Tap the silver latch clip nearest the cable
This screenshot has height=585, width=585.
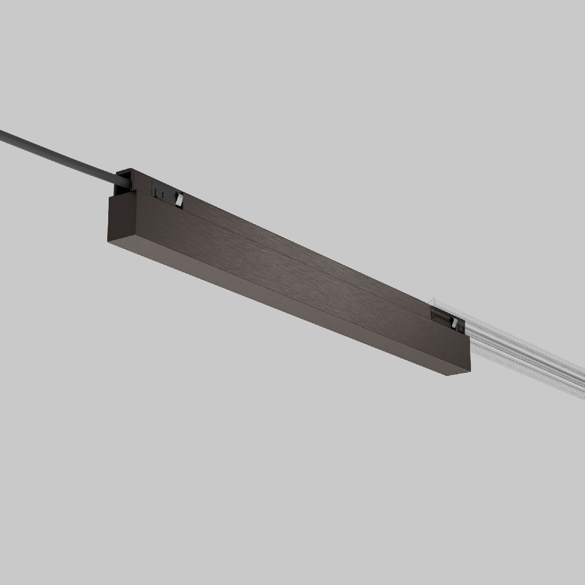click(x=179, y=199)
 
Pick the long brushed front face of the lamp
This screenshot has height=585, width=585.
click(x=292, y=273)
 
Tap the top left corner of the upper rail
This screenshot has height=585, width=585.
click(x=117, y=171)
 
